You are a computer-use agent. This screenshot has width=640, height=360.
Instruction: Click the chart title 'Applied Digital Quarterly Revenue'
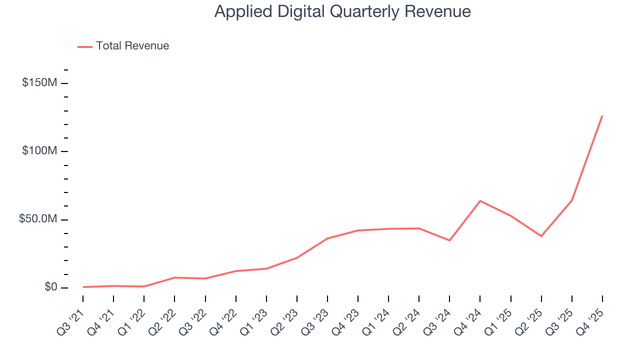tap(342, 11)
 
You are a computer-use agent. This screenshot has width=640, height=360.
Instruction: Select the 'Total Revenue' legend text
tap(132, 46)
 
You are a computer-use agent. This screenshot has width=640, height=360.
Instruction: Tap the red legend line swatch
tap(85, 46)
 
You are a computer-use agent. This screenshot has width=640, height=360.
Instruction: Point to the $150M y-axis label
tap(39, 83)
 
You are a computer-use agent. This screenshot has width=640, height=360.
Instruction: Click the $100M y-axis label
tap(39, 151)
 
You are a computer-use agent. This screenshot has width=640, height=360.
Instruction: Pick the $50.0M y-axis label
tap(38, 219)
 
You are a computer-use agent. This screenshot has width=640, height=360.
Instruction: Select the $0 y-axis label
tap(50, 287)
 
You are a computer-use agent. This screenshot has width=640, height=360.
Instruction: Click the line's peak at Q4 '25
tap(602, 116)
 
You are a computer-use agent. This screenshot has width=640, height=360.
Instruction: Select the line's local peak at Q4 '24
tap(480, 201)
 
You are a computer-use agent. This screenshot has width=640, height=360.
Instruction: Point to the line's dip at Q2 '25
tap(541, 236)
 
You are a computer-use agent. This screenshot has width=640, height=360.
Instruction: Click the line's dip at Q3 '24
tap(449, 240)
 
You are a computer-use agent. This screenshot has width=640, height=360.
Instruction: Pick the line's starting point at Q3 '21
tap(83, 287)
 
